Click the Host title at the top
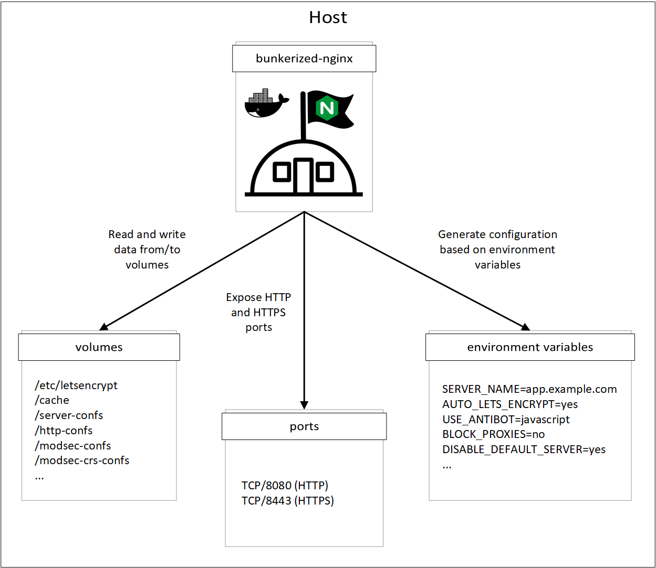(x=328, y=17)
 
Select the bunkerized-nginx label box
(x=304, y=59)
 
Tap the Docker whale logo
(x=266, y=103)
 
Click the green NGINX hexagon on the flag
(x=327, y=108)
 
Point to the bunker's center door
(x=303, y=175)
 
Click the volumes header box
(x=99, y=347)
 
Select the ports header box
(x=304, y=426)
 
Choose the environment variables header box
(x=530, y=347)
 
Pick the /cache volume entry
(x=51, y=400)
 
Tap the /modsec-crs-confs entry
(x=82, y=460)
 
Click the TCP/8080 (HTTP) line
(x=285, y=485)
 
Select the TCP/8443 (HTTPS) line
(x=287, y=500)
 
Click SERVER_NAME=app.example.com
(x=529, y=389)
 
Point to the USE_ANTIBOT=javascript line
(x=506, y=420)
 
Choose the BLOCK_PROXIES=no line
(x=493, y=434)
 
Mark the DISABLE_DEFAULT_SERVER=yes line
(x=524, y=449)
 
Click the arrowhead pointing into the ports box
(x=304, y=405)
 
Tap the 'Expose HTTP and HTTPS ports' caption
(x=258, y=312)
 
